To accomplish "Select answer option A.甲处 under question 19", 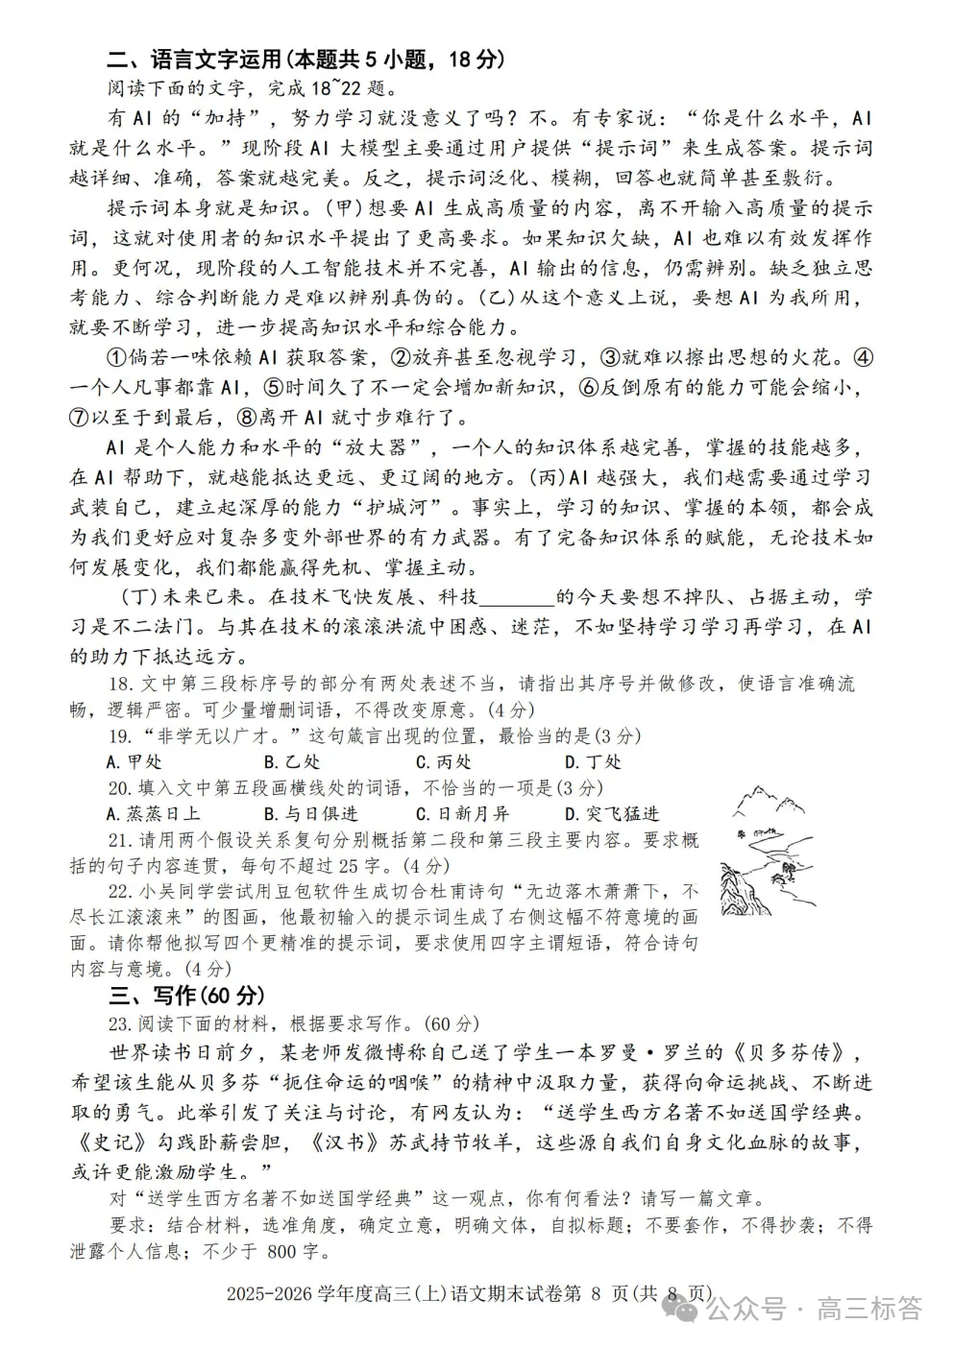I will (x=134, y=761).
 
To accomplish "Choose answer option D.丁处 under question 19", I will (x=593, y=761).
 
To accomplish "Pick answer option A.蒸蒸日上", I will (x=153, y=813).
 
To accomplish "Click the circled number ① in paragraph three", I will (x=116, y=358).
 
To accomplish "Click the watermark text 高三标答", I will (x=868, y=1309).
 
